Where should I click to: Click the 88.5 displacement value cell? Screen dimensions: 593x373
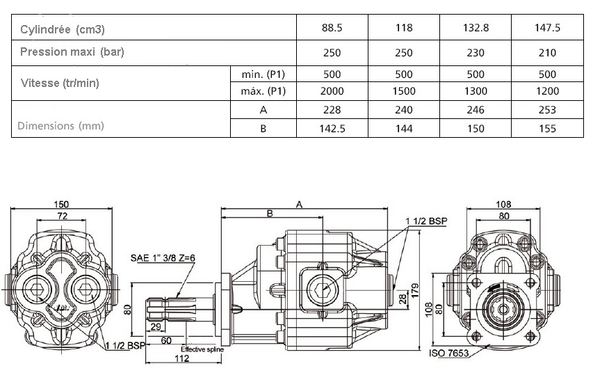tap(332, 28)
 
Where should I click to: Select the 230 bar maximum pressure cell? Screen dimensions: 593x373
tap(476, 53)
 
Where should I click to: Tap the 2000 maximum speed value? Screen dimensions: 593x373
tap(332, 91)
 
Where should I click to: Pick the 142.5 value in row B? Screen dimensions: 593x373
tap(332, 129)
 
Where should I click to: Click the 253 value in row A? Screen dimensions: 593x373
tap(547, 110)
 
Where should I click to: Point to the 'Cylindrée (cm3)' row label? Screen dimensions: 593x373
tap(63, 29)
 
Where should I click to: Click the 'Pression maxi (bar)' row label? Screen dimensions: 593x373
tap(72, 51)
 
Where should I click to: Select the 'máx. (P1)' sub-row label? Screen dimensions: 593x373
tap(263, 91)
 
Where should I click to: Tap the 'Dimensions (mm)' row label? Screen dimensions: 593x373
tap(60, 126)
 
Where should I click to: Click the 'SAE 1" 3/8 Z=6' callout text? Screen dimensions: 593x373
tap(163, 258)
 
